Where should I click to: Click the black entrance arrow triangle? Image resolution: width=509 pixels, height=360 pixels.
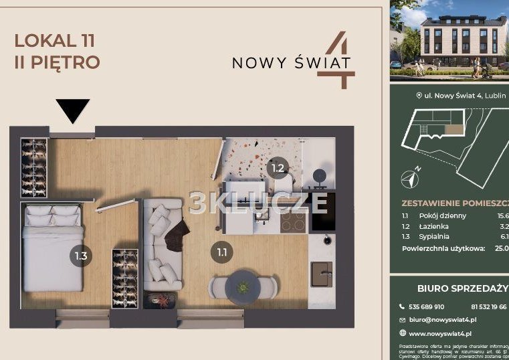pyautogui.click(x=72, y=110)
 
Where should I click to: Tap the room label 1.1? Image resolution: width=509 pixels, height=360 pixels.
pyautogui.click(x=221, y=252)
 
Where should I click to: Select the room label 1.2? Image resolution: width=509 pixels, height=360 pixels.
pyautogui.click(x=278, y=168)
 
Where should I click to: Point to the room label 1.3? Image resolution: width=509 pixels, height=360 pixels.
pyautogui.click(x=81, y=255)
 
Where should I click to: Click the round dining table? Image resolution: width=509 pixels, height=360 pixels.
pyautogui.click(x=243, y=286)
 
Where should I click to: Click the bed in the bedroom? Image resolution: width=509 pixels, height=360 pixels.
pyautogui.click(x=53, y=248)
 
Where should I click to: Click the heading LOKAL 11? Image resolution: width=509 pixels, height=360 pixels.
pyautogui.click(x=55, y=41)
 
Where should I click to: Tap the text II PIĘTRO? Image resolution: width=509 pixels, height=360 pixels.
pyautogui.click(x=57, y=63)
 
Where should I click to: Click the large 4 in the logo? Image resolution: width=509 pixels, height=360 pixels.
pyautogui.click(x=339, y=60)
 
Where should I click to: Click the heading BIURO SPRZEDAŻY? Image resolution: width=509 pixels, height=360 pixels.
pyautogui.click(x=462, y=288)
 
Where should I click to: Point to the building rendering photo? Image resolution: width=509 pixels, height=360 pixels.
pyautogui.click(x=449, y=40)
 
